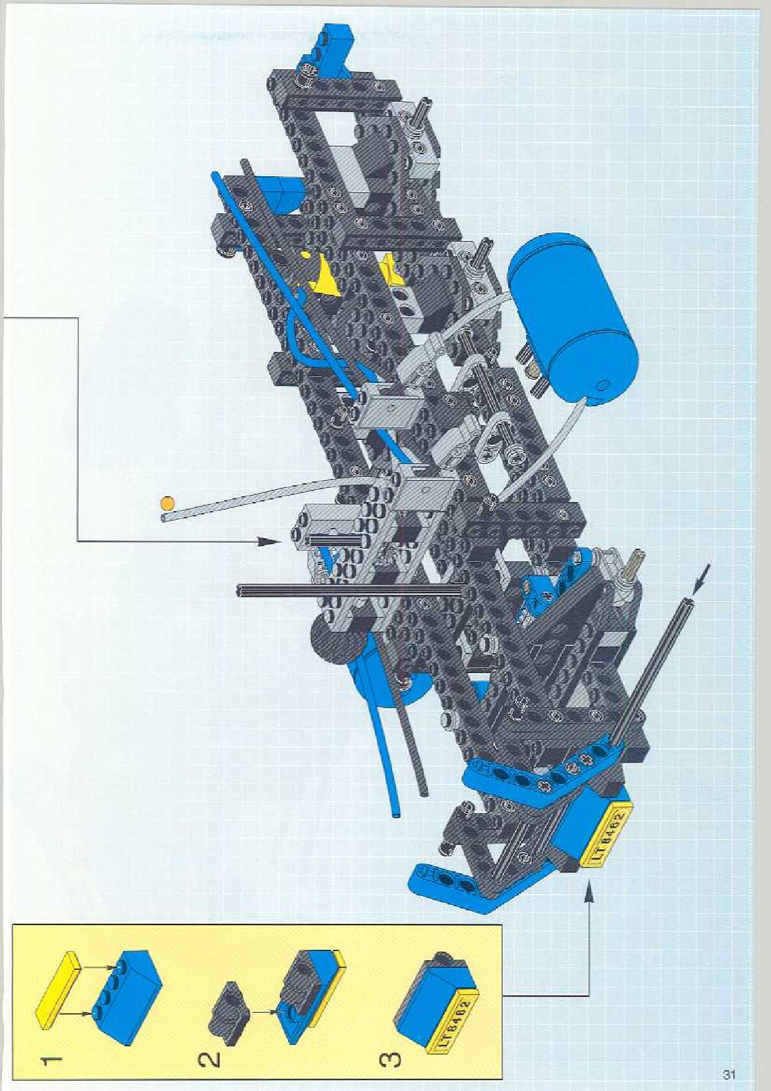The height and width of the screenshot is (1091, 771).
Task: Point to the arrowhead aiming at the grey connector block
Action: (x=275, y=541)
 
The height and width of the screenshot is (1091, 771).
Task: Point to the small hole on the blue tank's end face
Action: (x=603, y=385)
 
